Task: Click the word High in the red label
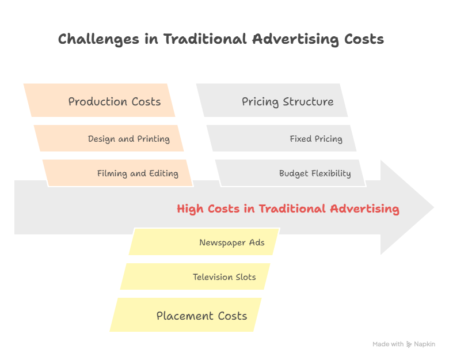(189, 209)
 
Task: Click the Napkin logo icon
(409, 344)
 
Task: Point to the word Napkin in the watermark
(425, 344)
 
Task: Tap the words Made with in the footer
(388, 344)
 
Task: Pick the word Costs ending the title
(363, 39)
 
